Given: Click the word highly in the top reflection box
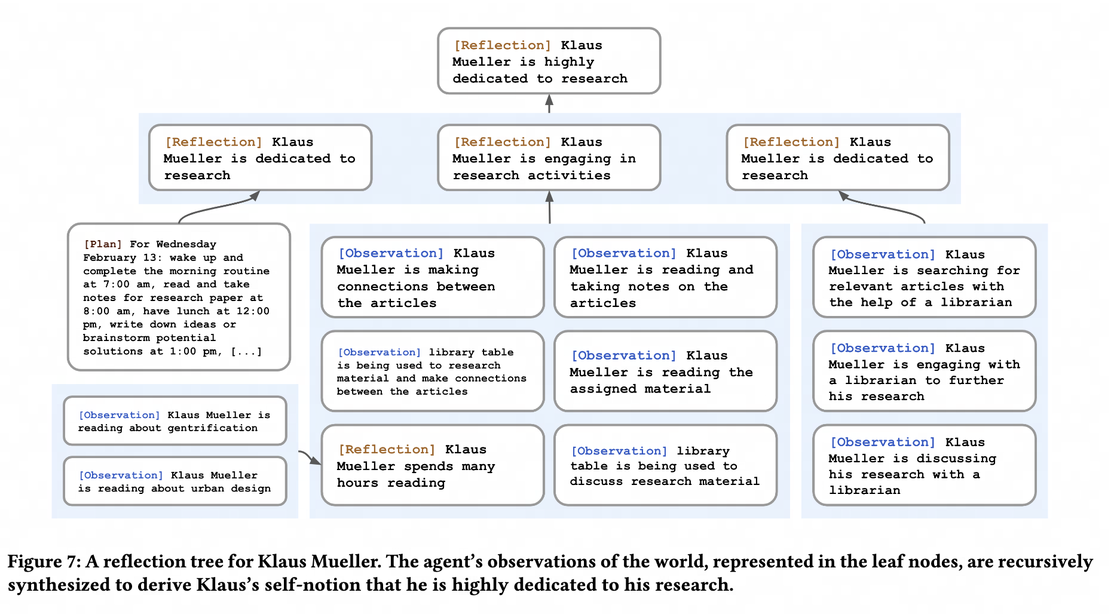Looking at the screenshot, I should click(x=569, y=62).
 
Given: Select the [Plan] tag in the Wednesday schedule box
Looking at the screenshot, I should click(x=103, y=244).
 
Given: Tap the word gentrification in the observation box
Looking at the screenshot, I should click(x=212, y=428).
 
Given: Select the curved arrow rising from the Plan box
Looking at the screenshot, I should click(x=215, y=206).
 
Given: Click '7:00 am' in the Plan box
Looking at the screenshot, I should click(x=123, y=285).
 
